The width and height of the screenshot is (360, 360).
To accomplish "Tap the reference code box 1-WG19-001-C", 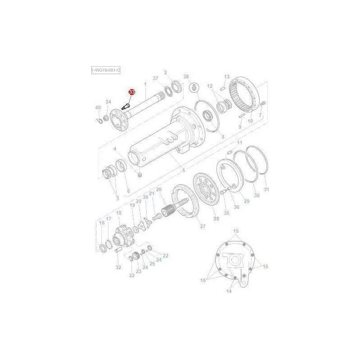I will pyautogui.click(x=106, y=71).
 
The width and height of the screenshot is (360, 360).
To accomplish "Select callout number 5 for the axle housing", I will pyautogui.click(x=183, y=170).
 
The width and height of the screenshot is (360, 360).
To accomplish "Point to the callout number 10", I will pyautogui.click(x=251, y=121).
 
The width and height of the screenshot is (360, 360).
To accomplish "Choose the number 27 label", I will pyautogui.click(x=202, y=226).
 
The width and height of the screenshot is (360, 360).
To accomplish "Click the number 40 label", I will pyautogui.click(x=98, y=108).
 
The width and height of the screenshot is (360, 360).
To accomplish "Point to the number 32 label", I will pyautogui.click(x=118, y=267).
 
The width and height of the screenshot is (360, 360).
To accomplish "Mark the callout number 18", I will pyautogui.click(x=119, y=213).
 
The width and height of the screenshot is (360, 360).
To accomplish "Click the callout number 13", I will pyautogui.click(x=227, y=76).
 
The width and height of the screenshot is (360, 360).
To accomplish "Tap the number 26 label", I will pyautogui.click(x=158, y=189).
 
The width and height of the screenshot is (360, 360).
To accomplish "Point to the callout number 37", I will pyautogui.click(x=156, y=79).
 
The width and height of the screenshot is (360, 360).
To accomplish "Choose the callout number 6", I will pyautogui.click(x=128, y=191).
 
